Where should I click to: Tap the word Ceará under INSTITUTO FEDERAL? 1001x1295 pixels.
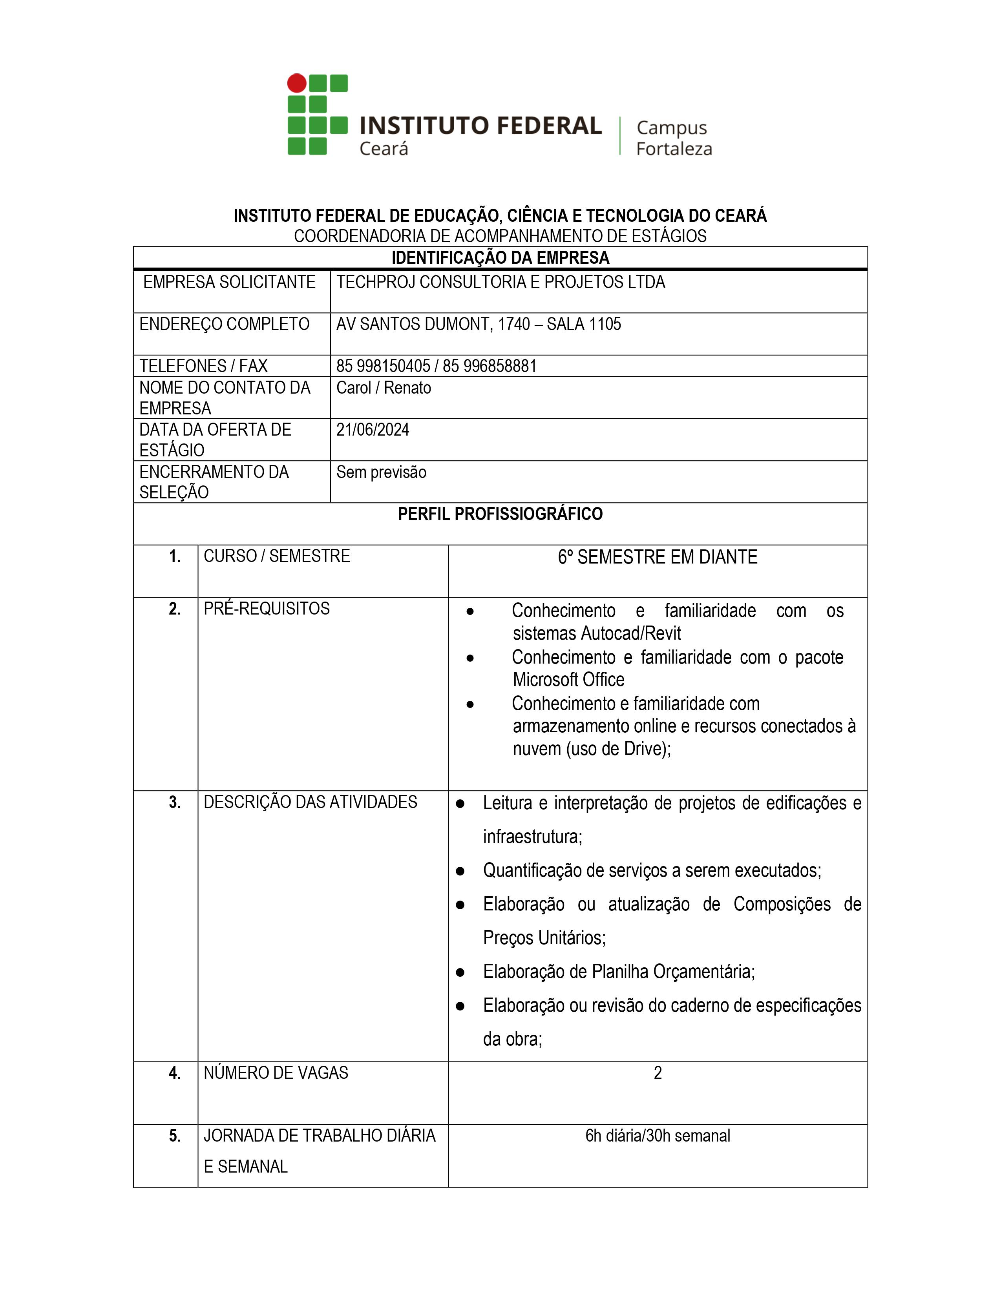[384, 149]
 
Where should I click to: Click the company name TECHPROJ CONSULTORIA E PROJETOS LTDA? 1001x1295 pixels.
[501, 282]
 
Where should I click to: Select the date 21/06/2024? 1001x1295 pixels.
[373, 430]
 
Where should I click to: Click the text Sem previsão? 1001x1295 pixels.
[381, 472]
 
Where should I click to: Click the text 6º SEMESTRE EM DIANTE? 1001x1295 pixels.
[657, 557]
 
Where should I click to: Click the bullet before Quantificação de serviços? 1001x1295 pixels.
[460, 871]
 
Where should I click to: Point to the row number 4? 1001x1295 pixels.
[174, 1073]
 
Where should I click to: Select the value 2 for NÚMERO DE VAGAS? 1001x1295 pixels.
[658, 1073]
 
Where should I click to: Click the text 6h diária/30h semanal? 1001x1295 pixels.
[657, 1136]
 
